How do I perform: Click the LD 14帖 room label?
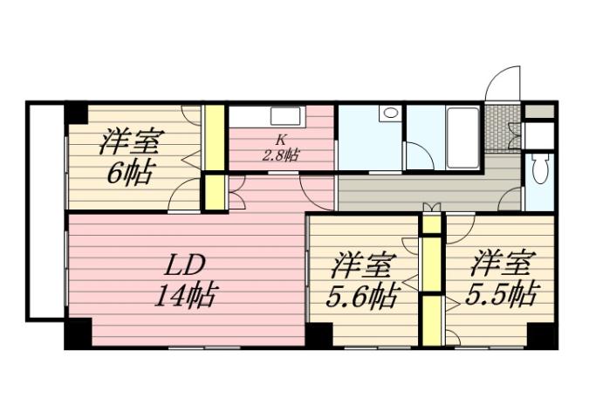pyautogui.click(x=186, y=279)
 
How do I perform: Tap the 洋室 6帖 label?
pyautogui.click(x=131, y=155)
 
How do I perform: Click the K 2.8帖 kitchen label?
pyautogui.click(x=281, y=148)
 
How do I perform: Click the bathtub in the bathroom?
pyautogui.click(x=462, y=131)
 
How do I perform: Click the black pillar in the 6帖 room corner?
pyautogui.click(x=77, y=113)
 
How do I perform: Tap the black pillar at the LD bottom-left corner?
pyautogui.click(x=77, y=334)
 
